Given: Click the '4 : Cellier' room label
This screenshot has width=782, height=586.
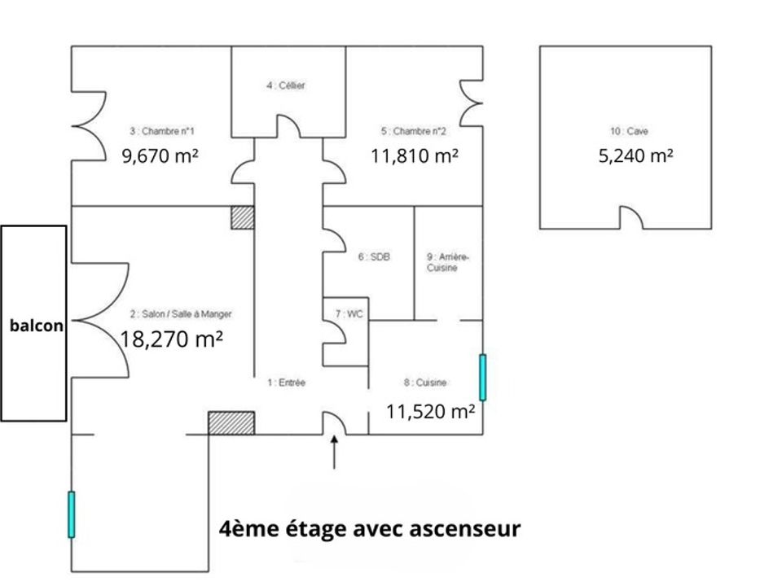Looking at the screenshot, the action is tap(285, 85).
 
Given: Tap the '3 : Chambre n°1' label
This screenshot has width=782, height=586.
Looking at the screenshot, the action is tap(162, 131).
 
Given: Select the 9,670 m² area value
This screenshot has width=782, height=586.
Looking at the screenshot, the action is tap(160, 156).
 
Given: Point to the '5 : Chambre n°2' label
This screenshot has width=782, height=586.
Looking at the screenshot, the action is tap(414, 131).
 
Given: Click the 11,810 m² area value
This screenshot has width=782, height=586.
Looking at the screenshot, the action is tap(415, 156).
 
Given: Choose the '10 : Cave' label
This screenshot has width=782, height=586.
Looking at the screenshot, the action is tap(629, 131).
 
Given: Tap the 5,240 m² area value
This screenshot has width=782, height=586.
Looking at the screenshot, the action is tap(636, 156).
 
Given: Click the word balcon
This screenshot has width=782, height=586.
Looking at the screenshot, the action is tap(37, 326).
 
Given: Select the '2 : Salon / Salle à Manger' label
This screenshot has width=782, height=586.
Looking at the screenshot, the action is tap(181, 314).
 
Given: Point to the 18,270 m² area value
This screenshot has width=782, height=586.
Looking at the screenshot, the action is tap(171, 339).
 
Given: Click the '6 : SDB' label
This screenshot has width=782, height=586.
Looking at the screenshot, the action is tap(374, 256).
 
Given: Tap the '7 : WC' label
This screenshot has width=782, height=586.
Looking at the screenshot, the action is tap(349, 314).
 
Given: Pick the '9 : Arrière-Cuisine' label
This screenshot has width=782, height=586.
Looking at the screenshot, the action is tap(448, 262).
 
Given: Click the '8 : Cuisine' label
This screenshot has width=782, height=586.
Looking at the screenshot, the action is tap(425, 383).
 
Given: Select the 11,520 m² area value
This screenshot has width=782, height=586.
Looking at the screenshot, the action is tap(430, 412).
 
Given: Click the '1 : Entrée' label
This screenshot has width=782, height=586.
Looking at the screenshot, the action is tap(286, 383).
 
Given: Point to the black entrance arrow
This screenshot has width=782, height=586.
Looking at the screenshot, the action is tap(334, 452).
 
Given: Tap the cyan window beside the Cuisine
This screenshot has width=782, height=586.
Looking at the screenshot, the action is tap(482, 377).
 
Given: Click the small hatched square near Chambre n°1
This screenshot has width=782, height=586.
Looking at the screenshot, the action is tap(243, 218).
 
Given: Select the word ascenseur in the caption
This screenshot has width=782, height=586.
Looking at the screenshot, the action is tap(465, 529).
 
